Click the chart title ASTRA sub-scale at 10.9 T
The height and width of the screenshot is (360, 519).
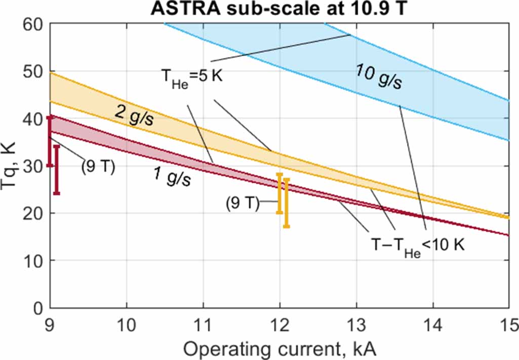[277, 9]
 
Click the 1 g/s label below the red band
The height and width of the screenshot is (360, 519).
[172, 177]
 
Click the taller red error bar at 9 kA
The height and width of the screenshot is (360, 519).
[50, 141]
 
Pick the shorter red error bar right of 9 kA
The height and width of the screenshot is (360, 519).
[57, 170]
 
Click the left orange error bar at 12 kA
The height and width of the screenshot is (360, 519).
[279, 193]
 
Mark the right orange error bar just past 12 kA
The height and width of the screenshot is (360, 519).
[287, 203]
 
